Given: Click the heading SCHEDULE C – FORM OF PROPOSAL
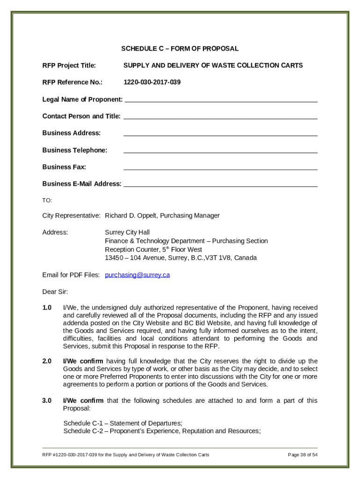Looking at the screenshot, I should [x=180, y=49].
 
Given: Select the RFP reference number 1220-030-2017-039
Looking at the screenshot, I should [x=152, y=82].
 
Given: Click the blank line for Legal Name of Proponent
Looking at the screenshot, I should [x=221, y=99].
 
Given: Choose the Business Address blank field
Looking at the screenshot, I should [x=220, y=133].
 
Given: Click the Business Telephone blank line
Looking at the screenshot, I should [x=220, y=150].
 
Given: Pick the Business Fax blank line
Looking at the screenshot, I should [x=220, y=167].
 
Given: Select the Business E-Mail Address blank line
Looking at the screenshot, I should [x=220, y=183].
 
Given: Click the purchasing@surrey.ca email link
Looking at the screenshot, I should [x=137, y=275].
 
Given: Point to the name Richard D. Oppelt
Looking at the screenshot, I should [x=131, y=216].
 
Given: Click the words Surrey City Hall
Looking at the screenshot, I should [x=127, y=232].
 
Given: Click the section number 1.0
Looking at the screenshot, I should [x=47, y=308].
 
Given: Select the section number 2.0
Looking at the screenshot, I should [x=47, y=361].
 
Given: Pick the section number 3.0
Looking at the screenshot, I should [x=47, y=400].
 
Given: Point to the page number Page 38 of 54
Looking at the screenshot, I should [x=302, y=455].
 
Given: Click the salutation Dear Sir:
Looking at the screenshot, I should [x=55, y=292].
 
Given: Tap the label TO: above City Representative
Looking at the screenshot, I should [x=47, y=200].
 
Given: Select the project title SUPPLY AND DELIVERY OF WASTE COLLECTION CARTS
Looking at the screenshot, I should [x=213, y=65].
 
